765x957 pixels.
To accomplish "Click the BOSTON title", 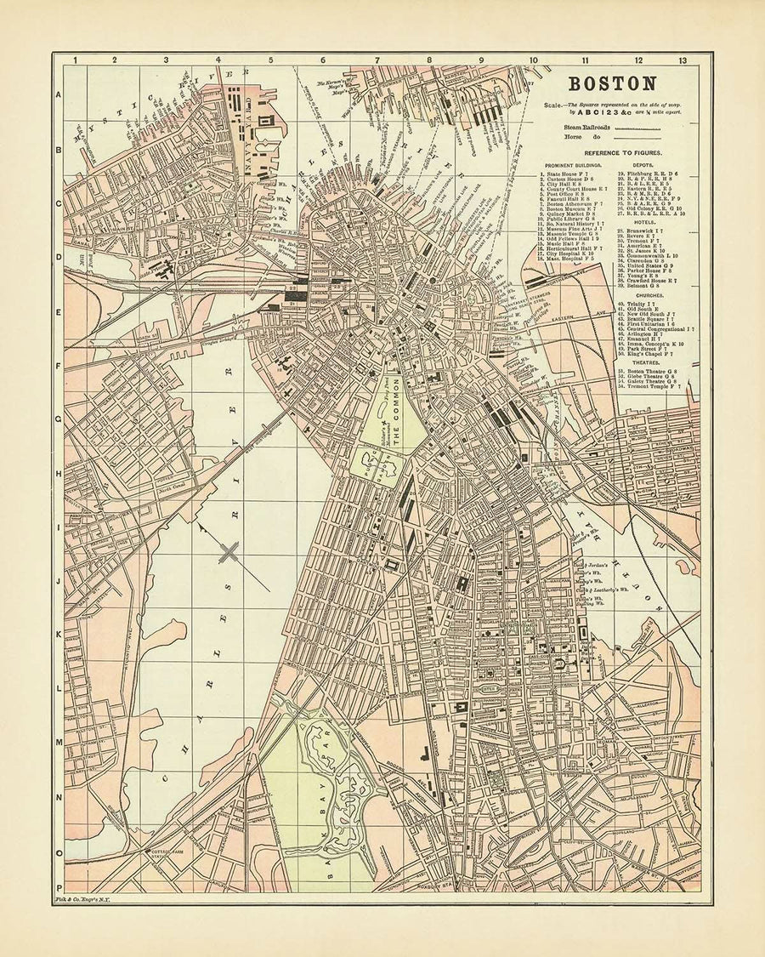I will pyautogui.click(x=611, y=83).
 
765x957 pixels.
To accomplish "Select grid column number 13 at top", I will pyautogui.click(x=683, y=60).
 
